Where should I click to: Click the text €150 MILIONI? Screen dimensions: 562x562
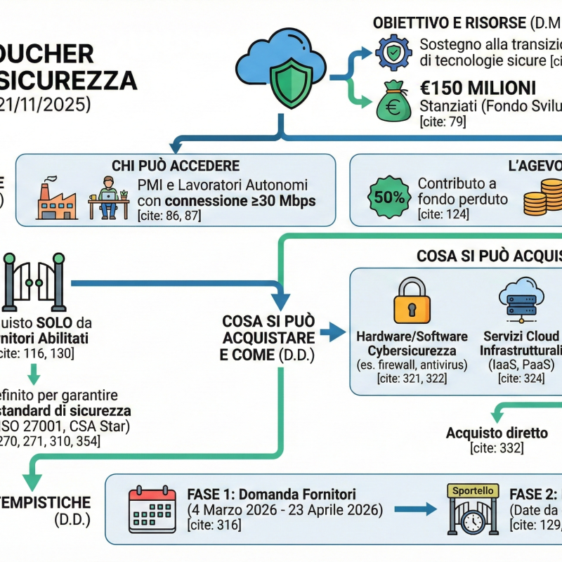(x=478, y=89)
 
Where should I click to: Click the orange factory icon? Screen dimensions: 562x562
(x=57, y=199)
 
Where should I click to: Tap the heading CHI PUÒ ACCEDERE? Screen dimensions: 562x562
(x=176, y=166)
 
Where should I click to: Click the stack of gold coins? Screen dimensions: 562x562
(x=543, y=197)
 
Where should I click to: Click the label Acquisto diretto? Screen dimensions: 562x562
(x=497, y=432)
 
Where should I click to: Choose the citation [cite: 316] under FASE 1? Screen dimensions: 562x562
(x=214, y=525)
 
